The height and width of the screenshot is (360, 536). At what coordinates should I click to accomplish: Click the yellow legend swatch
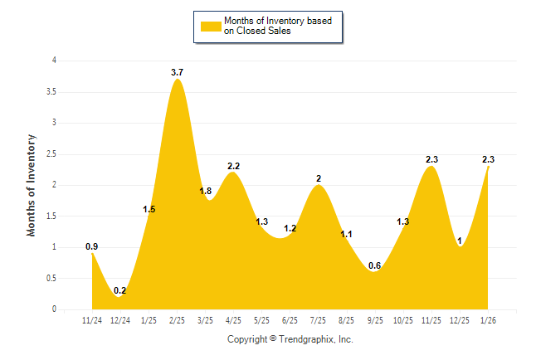[211, 26]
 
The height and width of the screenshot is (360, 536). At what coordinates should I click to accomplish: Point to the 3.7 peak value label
[177, 73]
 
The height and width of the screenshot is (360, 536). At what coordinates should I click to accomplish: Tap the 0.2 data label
[119, 290]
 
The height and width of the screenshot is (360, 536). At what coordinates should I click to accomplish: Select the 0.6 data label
[375, 265]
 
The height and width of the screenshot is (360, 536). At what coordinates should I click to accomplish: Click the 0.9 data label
[92, 246]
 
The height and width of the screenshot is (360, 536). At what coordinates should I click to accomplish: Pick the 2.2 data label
[233, 166]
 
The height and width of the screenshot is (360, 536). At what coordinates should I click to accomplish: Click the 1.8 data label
[206, 192]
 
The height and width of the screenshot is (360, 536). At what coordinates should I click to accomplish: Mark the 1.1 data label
[347, 235]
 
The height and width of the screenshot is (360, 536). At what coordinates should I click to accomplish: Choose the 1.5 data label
[149, 209]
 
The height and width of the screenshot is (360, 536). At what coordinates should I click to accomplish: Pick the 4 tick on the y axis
[54, 61]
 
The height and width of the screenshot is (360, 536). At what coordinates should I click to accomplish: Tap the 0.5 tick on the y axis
[51, 278]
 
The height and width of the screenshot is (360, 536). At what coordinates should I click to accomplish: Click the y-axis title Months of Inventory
[32, 184]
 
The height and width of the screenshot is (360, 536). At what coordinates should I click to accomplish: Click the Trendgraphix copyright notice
[290, 339]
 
